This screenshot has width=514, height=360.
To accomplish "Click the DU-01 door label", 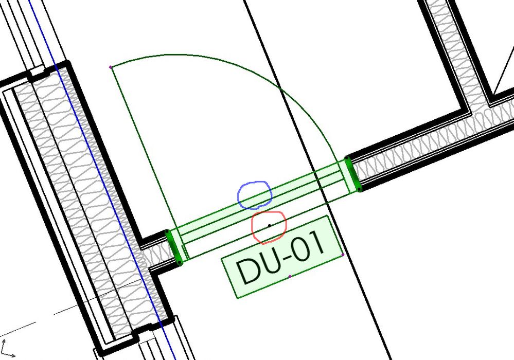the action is coord(282,257).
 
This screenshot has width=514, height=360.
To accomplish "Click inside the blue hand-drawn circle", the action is coord(255,195).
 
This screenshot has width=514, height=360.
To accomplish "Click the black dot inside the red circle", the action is coord(270,225).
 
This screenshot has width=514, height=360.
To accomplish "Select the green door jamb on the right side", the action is coord(353,174).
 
